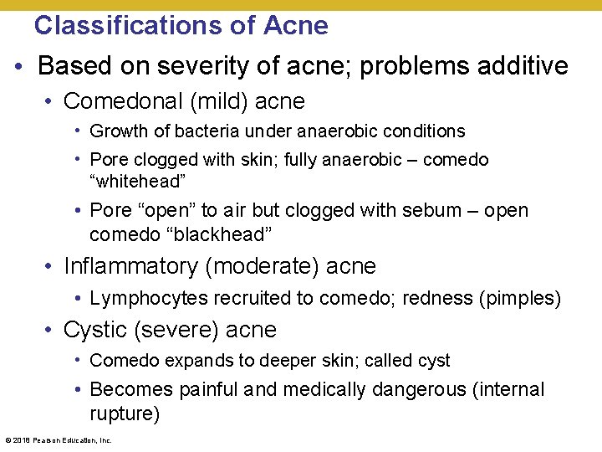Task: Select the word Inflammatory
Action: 130,267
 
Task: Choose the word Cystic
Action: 94,330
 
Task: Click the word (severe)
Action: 175,330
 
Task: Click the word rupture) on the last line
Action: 125,414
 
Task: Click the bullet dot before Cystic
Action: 52,331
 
